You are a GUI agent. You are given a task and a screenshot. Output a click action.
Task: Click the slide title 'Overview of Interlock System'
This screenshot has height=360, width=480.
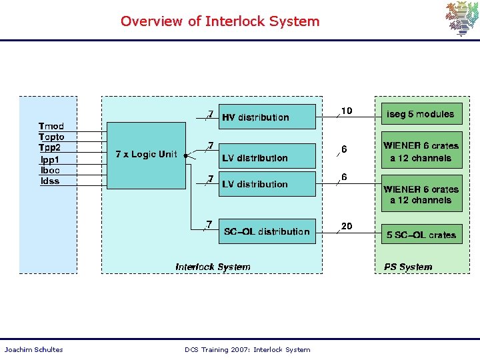[220, 21]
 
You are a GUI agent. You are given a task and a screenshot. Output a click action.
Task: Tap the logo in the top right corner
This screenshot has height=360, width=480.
[461, 19]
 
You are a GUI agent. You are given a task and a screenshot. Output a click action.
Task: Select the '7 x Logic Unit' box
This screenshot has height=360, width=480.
[147, 155]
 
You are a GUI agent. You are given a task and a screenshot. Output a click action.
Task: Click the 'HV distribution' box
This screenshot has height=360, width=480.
[267, 117]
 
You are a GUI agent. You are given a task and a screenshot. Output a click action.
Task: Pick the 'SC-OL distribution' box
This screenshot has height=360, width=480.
[267, 231]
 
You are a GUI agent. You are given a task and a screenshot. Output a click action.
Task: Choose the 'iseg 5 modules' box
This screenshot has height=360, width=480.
[421, 115]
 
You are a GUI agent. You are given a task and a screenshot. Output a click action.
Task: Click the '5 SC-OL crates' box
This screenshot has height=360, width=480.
[421, 235]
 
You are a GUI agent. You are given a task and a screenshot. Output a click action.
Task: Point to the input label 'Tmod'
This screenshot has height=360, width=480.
[51, 126]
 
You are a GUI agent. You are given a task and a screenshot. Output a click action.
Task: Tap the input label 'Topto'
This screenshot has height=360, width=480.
[52, 137]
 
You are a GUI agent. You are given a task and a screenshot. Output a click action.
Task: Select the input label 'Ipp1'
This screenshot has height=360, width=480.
[49, 159]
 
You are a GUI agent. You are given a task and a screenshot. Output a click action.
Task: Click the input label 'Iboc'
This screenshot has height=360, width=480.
[50, 170]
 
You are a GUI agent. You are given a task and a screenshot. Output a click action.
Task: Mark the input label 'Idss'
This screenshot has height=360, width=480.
[50, 181]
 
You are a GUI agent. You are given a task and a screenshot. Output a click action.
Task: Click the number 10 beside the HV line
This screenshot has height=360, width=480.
[347, 111]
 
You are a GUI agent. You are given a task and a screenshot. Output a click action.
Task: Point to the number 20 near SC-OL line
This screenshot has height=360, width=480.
[347, 227]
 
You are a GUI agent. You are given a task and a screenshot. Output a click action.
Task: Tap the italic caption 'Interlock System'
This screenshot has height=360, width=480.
[213, 267]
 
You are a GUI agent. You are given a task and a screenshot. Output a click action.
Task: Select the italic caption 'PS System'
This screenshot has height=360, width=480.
[408, 267]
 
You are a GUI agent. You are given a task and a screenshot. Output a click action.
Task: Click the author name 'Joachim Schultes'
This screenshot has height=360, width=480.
[34, 349]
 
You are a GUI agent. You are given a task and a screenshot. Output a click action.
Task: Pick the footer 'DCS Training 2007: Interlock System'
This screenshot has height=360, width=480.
[247, 349]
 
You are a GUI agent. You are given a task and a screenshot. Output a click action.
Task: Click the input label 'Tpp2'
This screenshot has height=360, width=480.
[50, 148]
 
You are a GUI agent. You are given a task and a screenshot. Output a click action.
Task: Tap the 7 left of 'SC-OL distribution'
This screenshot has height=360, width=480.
[209, 224]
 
